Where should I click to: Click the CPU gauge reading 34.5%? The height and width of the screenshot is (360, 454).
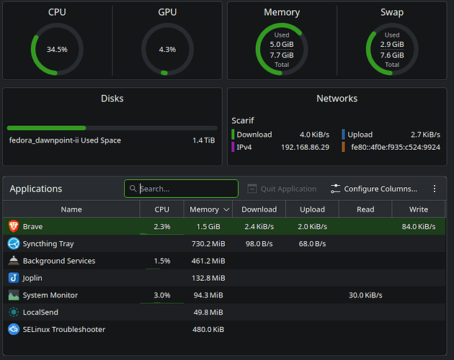click(57, 50)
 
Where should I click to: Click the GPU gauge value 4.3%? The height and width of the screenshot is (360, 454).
click(166, 50)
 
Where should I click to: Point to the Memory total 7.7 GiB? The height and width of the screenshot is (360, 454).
click(282, 55)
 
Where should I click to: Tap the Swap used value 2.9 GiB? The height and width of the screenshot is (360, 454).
click(392, 45)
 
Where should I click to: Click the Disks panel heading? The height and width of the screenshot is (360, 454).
click(112, 98)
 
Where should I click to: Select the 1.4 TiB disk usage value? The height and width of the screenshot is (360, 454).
click(203, 140)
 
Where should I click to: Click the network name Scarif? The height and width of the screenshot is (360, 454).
click(243, 121)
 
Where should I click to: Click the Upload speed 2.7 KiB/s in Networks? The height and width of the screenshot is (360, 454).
click(425, 135)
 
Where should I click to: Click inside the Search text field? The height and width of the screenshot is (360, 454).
click(186, 189)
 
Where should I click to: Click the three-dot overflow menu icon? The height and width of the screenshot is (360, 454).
click(435, 189)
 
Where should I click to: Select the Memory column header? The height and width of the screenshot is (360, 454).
click(204, 210)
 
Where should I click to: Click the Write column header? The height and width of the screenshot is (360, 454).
click(418, 210)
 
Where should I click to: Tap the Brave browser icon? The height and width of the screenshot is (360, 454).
click(14, 227)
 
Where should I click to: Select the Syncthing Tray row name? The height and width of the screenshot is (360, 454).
click(48, 244)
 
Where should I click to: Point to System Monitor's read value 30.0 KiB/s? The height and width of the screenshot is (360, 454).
click(365, 295)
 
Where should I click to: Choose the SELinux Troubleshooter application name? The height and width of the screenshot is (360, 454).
click(64, 330)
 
